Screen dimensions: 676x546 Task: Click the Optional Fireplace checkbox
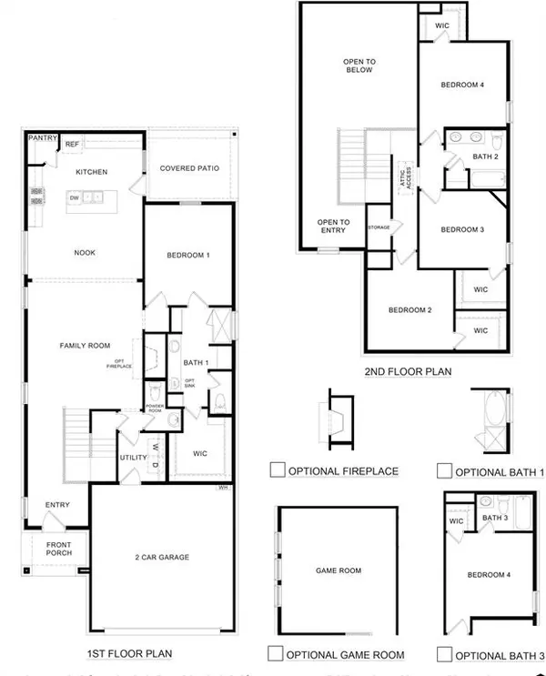(278, 470)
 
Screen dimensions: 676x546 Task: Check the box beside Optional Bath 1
(444, 470)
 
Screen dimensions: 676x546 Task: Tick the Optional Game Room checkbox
(276, 652)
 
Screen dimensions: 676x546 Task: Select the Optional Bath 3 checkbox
(444, 653)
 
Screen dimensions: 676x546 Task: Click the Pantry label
(42, 138)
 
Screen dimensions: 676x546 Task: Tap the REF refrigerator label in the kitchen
(71, 144)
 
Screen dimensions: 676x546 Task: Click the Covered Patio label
(187, 168)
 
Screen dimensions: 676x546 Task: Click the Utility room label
(133, 458)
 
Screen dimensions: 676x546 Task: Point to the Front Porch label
(46, 550)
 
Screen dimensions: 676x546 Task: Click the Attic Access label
(397, 171)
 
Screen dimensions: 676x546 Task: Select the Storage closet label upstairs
(379, 227)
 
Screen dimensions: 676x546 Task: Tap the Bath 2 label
(485, 156)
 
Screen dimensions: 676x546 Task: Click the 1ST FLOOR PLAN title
(130, 652)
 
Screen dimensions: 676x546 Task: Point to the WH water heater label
(222, 488)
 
